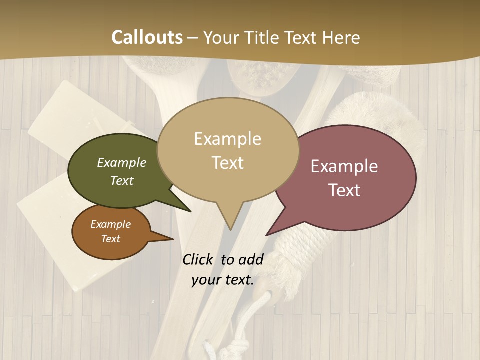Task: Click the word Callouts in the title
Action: point(147,37)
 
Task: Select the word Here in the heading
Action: point(339,37)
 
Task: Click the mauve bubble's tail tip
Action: point(267,234)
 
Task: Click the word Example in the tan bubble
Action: point(227,139)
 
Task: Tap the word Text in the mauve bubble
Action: point(344,190)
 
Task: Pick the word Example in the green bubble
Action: point(122,163)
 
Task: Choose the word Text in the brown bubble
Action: point(111,239)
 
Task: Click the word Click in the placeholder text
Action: point(198,259)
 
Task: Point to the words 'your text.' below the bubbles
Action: point(223,280)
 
